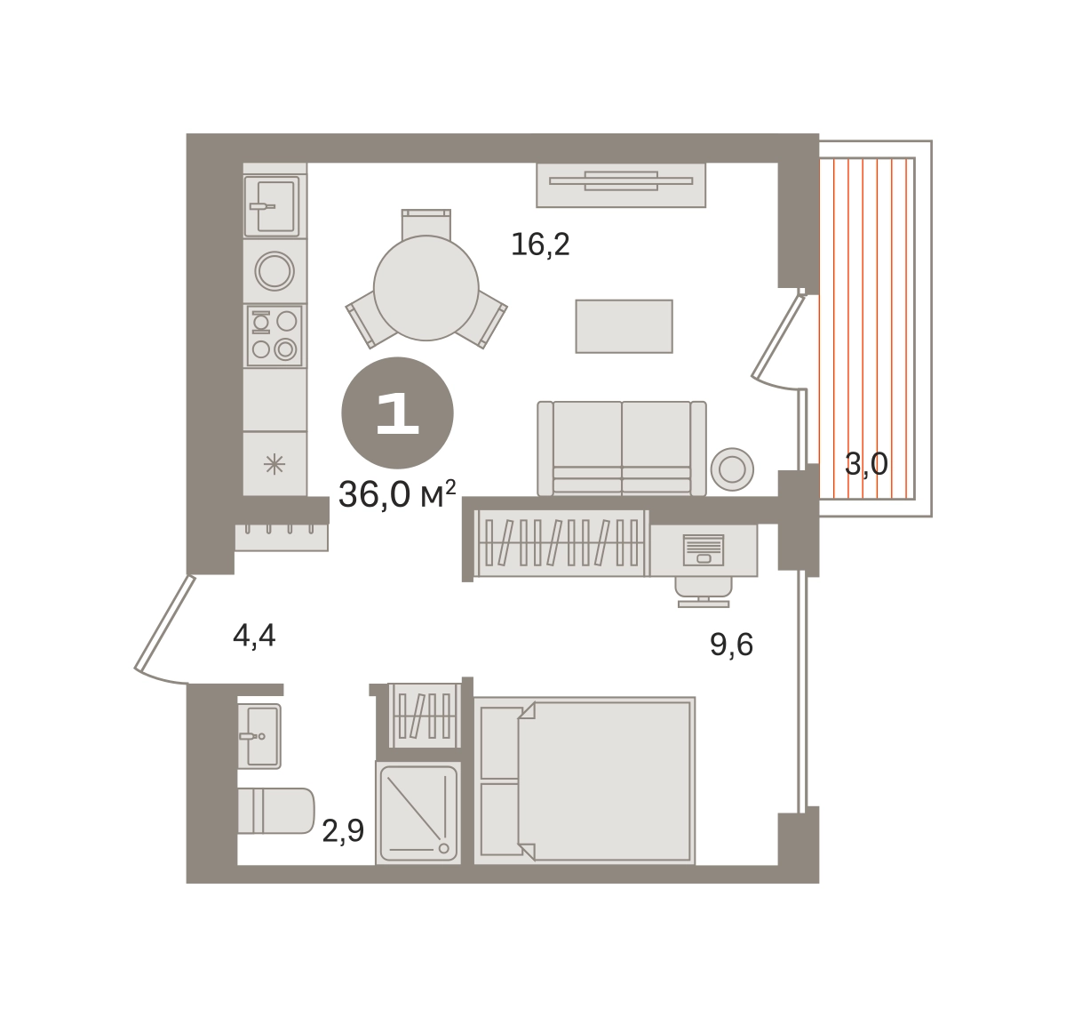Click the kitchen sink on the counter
[x=272, y=207]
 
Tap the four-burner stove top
[x=274, y=335]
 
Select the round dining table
[x=426, y=288]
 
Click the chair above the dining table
[x=426, y=224]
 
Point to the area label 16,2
[x=540, y=244]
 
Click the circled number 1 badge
[x=397, y=413]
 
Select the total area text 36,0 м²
[x=397, y=494]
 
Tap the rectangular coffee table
[x=624, y=326]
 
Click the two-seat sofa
[x=622, y=449]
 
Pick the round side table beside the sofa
[x=732, y=469]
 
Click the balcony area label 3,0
[x=866, y=465]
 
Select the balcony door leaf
[x=777, y=336]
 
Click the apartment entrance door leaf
[x=165, y=622]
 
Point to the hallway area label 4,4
[x=254, y=636]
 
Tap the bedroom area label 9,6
[x=731, y=645]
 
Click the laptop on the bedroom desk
[x=704, y=550]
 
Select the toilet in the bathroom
[x=276, y=811]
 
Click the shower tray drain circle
[x=443, y=848]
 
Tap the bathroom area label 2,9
[x=343, y=831]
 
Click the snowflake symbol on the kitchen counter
[x=274, y=464]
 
